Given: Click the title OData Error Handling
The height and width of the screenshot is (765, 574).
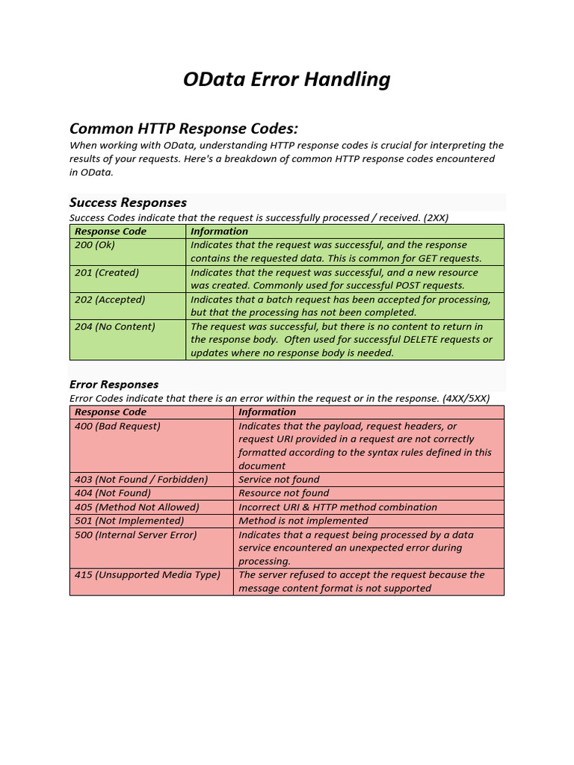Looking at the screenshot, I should (x=286, y=79).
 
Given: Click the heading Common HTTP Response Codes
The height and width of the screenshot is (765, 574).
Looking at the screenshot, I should (x=184, y=128).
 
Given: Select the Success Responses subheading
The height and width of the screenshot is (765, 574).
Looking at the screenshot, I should (x=128, y=202).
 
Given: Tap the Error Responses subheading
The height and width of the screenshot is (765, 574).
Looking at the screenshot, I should (x=114, y=384).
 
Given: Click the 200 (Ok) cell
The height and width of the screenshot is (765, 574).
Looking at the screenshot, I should (x=95, y=245).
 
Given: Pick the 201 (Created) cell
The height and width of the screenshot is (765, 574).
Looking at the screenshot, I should (x=107, y=273).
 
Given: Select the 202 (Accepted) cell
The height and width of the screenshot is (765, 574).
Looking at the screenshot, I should (x=110, y=300).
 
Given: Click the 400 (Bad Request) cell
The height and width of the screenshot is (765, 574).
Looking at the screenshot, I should (x=117, y=426).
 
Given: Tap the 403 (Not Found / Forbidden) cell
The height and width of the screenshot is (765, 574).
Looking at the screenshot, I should (x=141, y=480).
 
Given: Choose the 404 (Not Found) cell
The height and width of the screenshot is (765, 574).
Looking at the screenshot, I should (x=113, y=493).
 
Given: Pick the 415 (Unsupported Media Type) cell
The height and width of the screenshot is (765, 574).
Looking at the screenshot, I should (x=147, y=574).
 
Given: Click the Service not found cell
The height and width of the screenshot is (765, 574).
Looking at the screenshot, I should (x=279, y=480).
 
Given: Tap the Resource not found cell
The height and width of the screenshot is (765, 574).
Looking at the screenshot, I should (x=284, y=493).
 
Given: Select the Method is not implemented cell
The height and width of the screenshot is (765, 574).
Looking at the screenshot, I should (x=303, y=521).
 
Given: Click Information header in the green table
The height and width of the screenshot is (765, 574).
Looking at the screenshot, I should (x=219, y=232).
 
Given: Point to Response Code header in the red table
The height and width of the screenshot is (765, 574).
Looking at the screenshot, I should (x=111, y=412).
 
